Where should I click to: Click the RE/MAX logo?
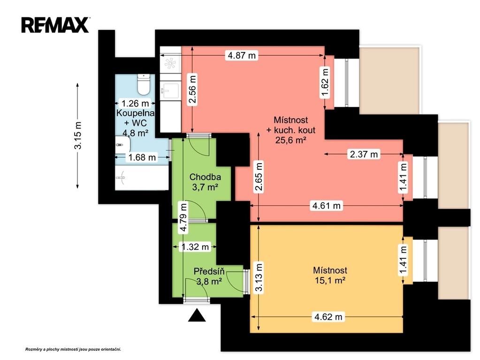pos(55,25)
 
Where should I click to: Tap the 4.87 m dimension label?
pos(242,55)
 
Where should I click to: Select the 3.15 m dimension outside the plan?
pos(78,135)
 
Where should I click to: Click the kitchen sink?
pos(170,91)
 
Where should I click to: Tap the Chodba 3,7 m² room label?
pos(205,182)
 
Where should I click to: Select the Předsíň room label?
pos(209,271)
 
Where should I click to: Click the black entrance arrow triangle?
pos(197,315)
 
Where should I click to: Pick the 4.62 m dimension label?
pos(328,316)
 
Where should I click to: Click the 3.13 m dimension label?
pos(259,277)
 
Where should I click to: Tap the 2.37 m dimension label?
pos(364,154)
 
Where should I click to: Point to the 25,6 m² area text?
pos(291,140)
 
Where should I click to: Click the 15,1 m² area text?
pos(330,280)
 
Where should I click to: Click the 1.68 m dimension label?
pos(142,157)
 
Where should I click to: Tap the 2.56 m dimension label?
pos(192,90)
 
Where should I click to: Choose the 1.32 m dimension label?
pos(195,247)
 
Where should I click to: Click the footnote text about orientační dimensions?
pos(73,349)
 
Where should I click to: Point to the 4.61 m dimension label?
pos(326,205)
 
